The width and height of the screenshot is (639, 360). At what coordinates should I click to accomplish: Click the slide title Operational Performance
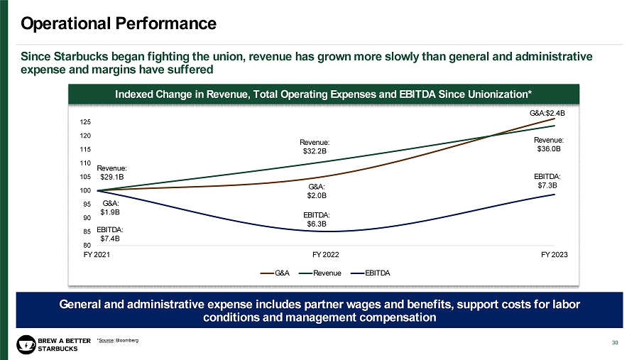119,23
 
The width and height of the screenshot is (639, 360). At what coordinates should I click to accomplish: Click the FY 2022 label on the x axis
326,253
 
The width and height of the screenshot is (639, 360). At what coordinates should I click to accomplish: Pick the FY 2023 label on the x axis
555,253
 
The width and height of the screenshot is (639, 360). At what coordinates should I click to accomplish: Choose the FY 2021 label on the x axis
97,253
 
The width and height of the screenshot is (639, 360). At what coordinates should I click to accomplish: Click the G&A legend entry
278,273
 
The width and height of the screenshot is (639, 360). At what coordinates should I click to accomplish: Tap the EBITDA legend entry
378,273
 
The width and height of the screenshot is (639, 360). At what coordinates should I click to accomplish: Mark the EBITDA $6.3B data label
317,219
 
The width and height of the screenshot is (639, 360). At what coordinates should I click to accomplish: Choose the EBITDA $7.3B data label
547,180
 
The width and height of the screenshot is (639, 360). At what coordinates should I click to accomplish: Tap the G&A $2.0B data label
317,190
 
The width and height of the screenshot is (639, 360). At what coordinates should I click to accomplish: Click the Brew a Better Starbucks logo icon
26,344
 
